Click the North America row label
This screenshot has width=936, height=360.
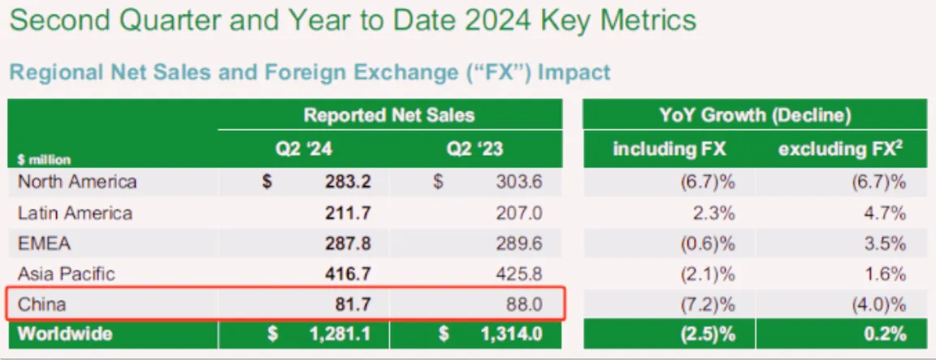[x=77, y=181]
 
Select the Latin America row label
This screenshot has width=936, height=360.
[x=76, y=213]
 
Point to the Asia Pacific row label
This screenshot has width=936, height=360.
[x=67, y=274]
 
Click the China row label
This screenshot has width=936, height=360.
[x=41, y=305]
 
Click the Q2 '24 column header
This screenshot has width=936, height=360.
[x=303, y=150]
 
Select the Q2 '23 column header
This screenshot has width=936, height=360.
[x=474, y=150]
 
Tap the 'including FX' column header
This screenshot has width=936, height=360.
[x=669, y=150]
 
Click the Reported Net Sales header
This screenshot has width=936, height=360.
[x=389, y=115]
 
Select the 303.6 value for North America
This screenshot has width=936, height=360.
[x=518, y=181]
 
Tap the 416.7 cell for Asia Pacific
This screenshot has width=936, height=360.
[x=347, y=274]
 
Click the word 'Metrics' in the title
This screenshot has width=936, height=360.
[x=652, y=20]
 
